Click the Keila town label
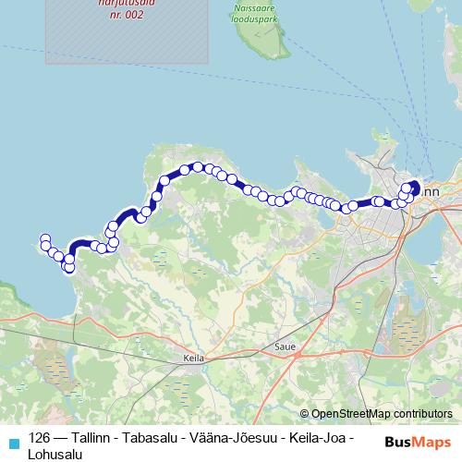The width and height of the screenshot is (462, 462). pos(193,358)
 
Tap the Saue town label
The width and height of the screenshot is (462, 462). pos(284,347)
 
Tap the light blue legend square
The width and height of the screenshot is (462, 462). pos(12,441)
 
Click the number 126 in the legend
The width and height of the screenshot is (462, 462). pos(40,439)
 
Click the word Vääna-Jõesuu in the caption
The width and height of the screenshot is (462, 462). pos(225,439)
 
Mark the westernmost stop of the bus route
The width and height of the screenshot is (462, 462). pos(44,240)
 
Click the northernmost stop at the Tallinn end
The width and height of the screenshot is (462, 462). pos(412,185)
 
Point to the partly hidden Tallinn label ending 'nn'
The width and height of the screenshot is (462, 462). pos(432,190)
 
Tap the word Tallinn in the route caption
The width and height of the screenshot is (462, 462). pos(87,439)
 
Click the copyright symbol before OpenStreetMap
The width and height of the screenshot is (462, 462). pos(305,414)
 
